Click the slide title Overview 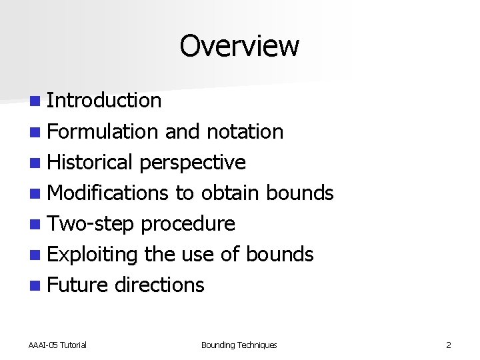(239, 46)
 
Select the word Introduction (105, 101)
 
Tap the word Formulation (103, 131)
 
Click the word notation (245, 131)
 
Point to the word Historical (91, 162)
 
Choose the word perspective (193, 163)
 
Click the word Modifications (109, 193)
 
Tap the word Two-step (92, 224)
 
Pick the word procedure (188, 224)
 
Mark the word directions (159, 285)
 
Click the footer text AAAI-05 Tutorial (57, 345)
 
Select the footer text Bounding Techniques (239, 345)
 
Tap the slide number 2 (449, 345)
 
